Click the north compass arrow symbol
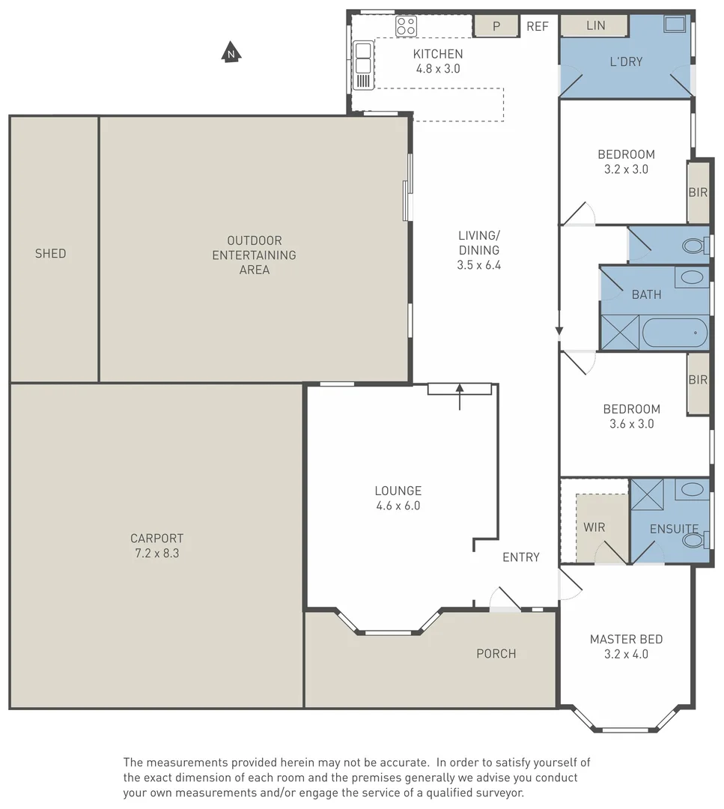(x=231, y=53)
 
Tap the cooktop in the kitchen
(x=406, y=26)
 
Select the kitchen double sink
(x=363, y=58)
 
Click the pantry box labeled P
(x=496, y=26)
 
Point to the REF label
(x=538, y=26)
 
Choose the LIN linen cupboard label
(x=595, y=25)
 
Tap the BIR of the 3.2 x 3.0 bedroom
(x=698, y=192)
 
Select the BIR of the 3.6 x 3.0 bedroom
(x=698, y=380)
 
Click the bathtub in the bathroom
(x=674, y=332)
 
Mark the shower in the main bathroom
(x=620, y=333)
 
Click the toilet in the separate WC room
(x=693, y=245)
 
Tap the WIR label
(x=594, y=527)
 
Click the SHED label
(x=50, y=253)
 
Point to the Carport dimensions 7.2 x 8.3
(x=156, y=553)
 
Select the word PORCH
(x=496, y=653)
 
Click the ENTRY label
(x=520, y=557)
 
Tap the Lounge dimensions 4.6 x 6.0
(x=398, y=506)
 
